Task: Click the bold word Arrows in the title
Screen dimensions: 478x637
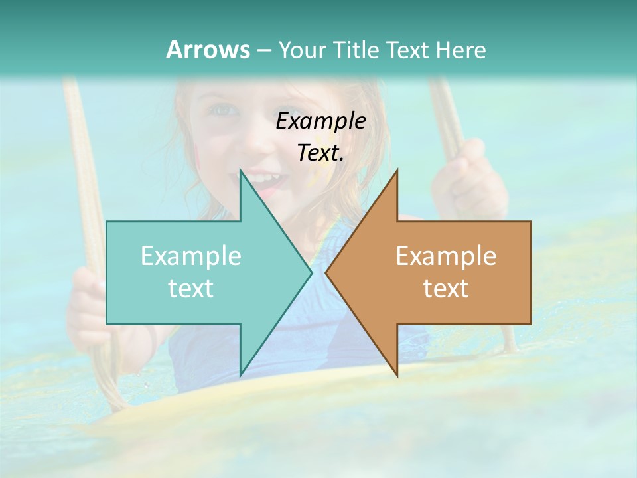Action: point(208,50)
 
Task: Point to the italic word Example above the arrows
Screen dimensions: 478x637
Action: point(321,121)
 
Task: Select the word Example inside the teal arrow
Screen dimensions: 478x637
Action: point(191,256)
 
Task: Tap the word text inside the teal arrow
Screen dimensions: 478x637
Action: point(191,288)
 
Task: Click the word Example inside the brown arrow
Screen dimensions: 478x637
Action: point(446,256)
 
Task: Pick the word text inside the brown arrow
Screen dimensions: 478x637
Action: point(446,288)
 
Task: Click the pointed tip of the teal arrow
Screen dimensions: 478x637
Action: point(311,272)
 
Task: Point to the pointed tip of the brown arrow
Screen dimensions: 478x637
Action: point(326,272)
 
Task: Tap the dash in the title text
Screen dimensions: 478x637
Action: point(264,50)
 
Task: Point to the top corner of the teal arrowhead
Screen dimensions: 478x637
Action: point(240,170)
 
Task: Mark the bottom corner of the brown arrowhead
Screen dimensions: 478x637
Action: point(397,376)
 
